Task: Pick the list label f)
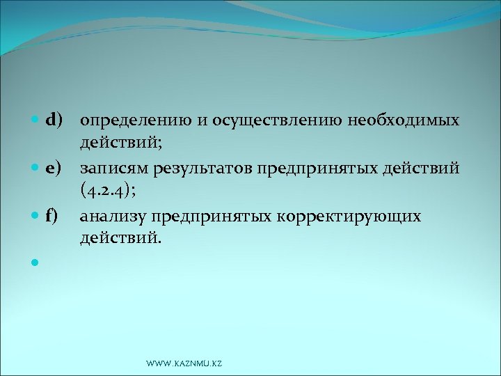[51, 216]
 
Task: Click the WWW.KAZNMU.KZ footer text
[184, 364]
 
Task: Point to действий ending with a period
[120, 239]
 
